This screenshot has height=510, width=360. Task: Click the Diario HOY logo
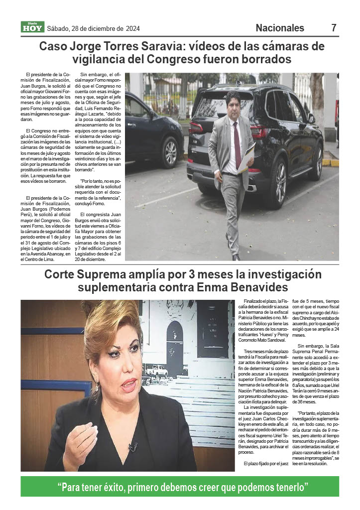click(32, 27)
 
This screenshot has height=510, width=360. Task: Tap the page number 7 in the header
click(334, 28)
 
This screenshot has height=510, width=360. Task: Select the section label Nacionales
click(280, 28)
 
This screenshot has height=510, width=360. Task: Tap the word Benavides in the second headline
click(259, 288)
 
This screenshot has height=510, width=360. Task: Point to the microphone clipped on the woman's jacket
click(132, 446)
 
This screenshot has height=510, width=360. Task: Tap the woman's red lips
click(128, 384)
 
